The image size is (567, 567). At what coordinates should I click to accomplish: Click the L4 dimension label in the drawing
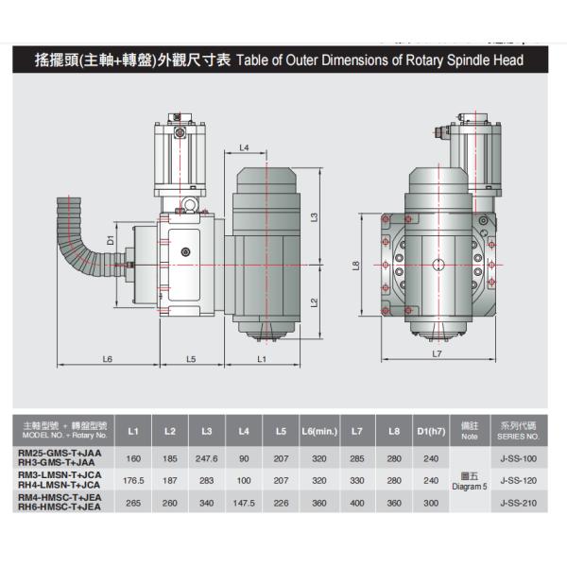[244, 148]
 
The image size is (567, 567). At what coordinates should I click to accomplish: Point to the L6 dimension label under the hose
[108, 358]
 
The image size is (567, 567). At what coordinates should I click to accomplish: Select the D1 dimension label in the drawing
[112, 240]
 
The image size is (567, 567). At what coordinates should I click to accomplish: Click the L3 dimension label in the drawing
[314, 217]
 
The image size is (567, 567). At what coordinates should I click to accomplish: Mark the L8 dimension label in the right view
[355, 266]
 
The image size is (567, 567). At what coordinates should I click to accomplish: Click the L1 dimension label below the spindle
[262, 358]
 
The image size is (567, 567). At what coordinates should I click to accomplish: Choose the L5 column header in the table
[281, 432]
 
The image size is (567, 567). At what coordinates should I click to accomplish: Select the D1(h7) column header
[430, 432]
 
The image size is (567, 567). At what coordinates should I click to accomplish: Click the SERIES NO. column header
[520, 433]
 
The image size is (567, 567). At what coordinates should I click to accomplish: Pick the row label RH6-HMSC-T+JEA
[58, 507]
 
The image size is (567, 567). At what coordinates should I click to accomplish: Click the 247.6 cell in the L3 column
[207, 458]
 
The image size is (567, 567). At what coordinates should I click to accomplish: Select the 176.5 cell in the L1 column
[133, 480]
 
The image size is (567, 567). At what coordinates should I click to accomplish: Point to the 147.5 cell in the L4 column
[244, 504]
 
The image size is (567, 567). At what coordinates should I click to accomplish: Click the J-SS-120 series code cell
[519, 480]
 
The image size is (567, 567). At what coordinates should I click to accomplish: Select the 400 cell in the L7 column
[356, 504]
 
